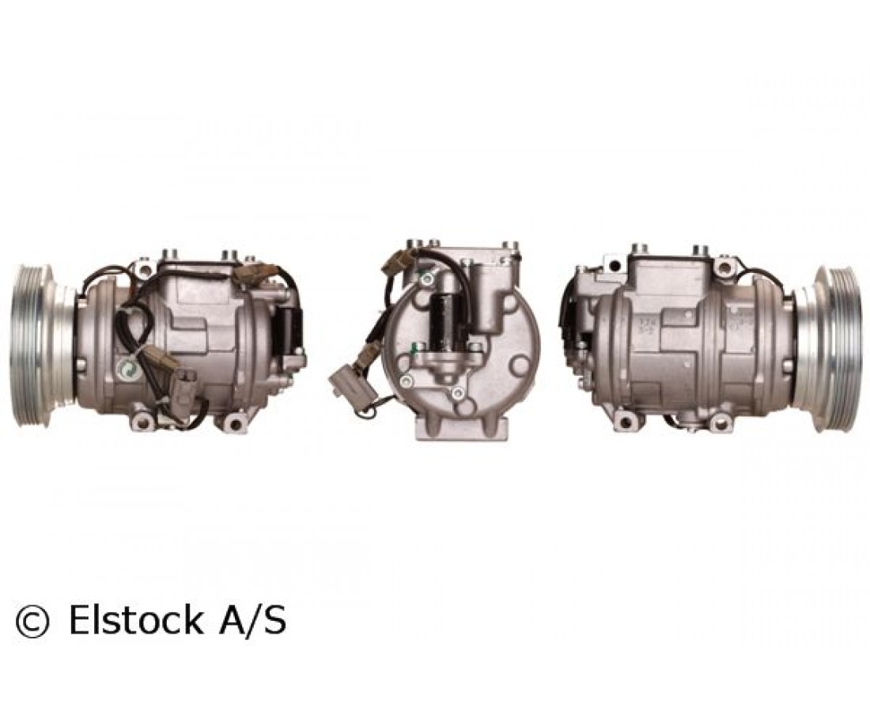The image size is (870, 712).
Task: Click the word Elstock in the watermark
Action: [x=135, y=620]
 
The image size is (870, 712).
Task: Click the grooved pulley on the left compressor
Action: [x=38, y=346]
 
